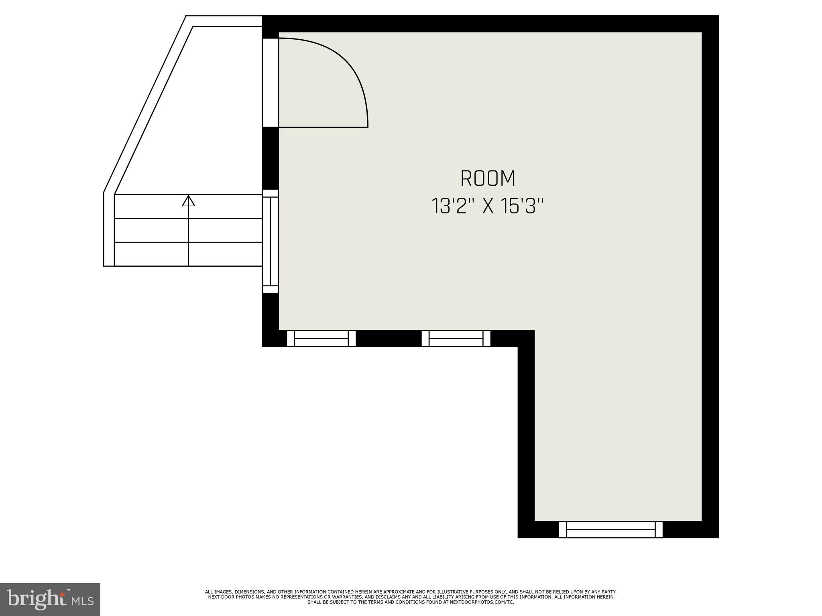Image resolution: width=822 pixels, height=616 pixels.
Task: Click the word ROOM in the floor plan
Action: pos(488,179)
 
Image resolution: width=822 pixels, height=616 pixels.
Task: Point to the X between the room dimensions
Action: pos(487,207)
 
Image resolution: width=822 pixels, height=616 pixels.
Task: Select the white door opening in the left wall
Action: pos(270,82)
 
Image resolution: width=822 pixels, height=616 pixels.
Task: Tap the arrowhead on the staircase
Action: pos(188,201)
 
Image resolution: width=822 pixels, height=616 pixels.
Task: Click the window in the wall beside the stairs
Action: pos(271,241)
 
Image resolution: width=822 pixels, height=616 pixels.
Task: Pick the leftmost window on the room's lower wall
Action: pos(321,338)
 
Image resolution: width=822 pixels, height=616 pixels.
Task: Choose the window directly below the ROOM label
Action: pos(456,338)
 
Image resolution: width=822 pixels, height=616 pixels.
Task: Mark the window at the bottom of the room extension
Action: pos(610,529)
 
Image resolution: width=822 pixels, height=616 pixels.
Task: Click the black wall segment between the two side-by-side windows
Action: pos(389,338)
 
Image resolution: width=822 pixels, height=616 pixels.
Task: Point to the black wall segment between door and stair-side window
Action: pos(270,158)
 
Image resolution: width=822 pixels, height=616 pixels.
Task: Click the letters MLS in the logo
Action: pos(83,601)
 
